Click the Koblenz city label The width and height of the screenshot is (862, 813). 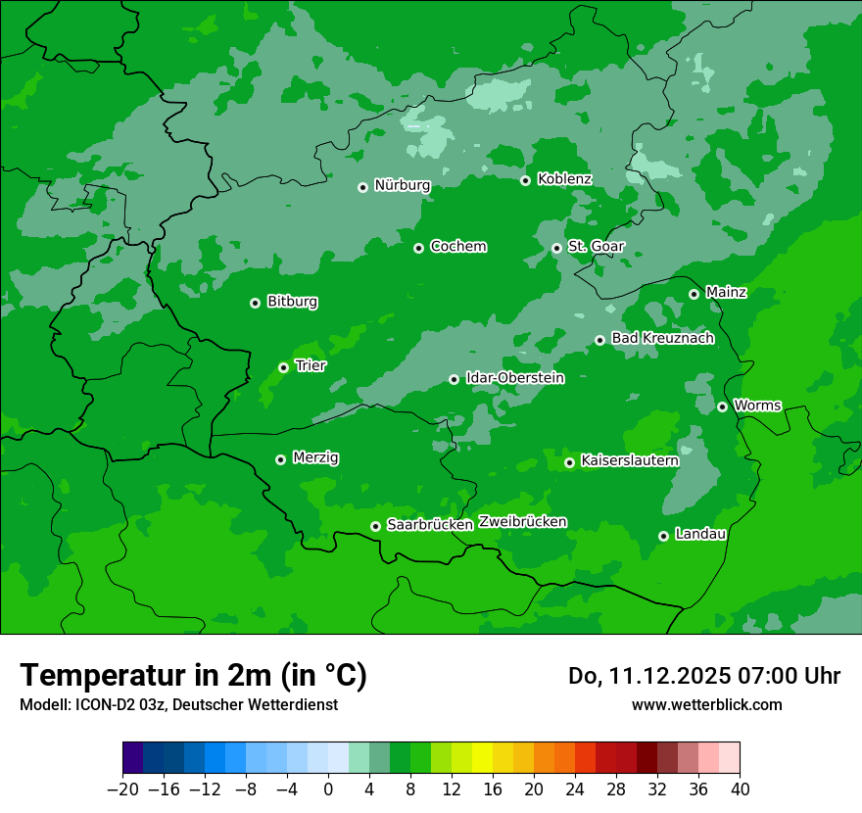pyautogui.click(x=564, y=179)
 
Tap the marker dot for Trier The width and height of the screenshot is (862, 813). pyautogui.click(x=283, y=367)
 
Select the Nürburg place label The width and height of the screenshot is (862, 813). pyautogui.click(x=402, y=185)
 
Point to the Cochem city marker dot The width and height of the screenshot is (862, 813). pyautogui.click(x=418, y=248)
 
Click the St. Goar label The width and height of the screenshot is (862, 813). pyautogui.click(x=596, y=246)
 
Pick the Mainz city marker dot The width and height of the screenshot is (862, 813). pyautogui.click(x=694, y=294)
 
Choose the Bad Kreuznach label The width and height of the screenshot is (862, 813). pyautogui.click(x=662, y=338)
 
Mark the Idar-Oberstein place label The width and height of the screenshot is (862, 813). pyautogui.click(x=514, y=377)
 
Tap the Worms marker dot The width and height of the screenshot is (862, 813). pyautogui.click(x=722, y=406)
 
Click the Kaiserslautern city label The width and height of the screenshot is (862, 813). pyautogui.click(x=629, y=460)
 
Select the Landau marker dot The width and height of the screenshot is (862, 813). pyautogui.click(x=663, y=536)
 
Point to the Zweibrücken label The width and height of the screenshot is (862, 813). pyautogui.click(x=522, y=522)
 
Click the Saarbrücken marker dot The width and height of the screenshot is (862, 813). pyautogui.click(x=375, y=526)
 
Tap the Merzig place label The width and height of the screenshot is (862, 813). pyautogui.click(x=315, y=457)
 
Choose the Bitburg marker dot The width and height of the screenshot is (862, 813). pyautogui.click(x=255, y=303)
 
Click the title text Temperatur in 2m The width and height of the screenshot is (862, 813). pyautogui.click(x=193, y=676)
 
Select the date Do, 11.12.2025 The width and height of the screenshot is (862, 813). pyautogui.click(x=650, y=676)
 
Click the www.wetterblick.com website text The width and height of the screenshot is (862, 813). pyautogui.click(x=706, y=704)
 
